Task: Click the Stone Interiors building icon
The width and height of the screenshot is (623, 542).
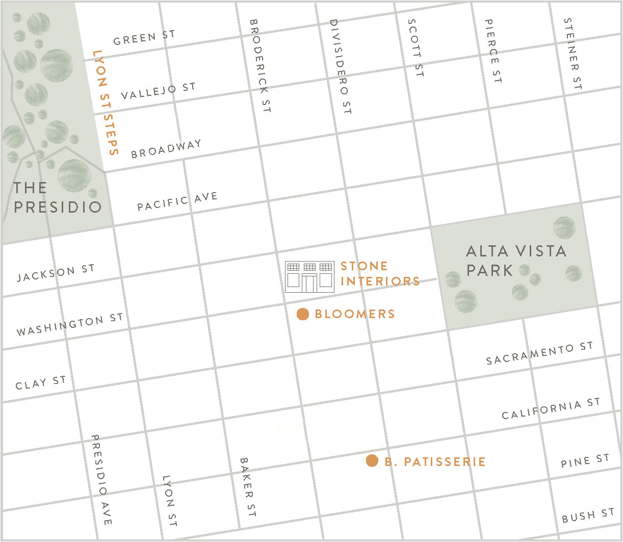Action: click(x=309, y=276)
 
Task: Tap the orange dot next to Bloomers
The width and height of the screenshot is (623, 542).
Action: click(x=303, y=314)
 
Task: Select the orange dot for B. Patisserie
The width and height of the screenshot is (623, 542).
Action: click(x=372, y=461)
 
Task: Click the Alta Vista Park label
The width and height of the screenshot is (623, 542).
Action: click(x=516, y=260)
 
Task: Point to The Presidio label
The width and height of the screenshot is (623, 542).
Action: click(x=57, y=197)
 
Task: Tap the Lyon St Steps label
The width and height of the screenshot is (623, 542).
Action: click(x=106, y=102)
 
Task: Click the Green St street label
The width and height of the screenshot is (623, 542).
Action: click(x=144, y=38)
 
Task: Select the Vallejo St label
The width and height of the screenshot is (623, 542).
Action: click(x=158, y=91)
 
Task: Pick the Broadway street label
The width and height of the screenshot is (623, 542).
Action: click(x=166, y=149)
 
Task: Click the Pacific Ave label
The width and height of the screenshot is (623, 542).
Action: click(x=177, y=201)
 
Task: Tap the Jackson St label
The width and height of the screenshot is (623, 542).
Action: click(x=56, y=273)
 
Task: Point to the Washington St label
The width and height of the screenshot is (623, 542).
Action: click(x=70, y=325)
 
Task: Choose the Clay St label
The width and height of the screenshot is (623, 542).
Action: click(x=41, y=383)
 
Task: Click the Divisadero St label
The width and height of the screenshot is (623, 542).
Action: click(x=341, y=66)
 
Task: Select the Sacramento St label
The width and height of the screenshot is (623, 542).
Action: click(x=539, y=353)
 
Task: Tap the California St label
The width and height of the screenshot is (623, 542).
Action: click(x=551, y=409)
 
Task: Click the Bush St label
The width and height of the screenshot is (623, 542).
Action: click(x=588, y=515)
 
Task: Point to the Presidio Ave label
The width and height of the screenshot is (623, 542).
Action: click(x=101, y=480)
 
